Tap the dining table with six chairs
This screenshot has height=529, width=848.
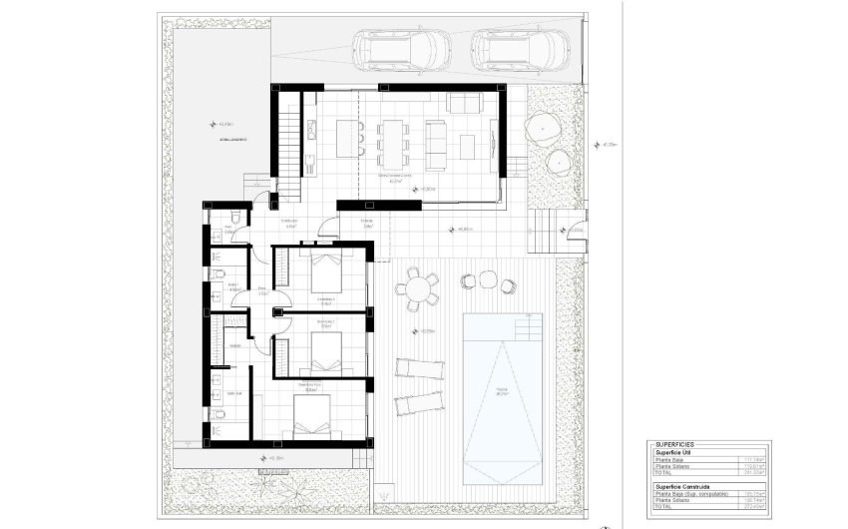pyautogui.click(x=392, y=140)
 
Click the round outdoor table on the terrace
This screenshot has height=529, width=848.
pyautogui.click(x=416, y=289)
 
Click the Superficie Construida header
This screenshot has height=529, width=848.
pyautogui.click(x=688, y=485)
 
